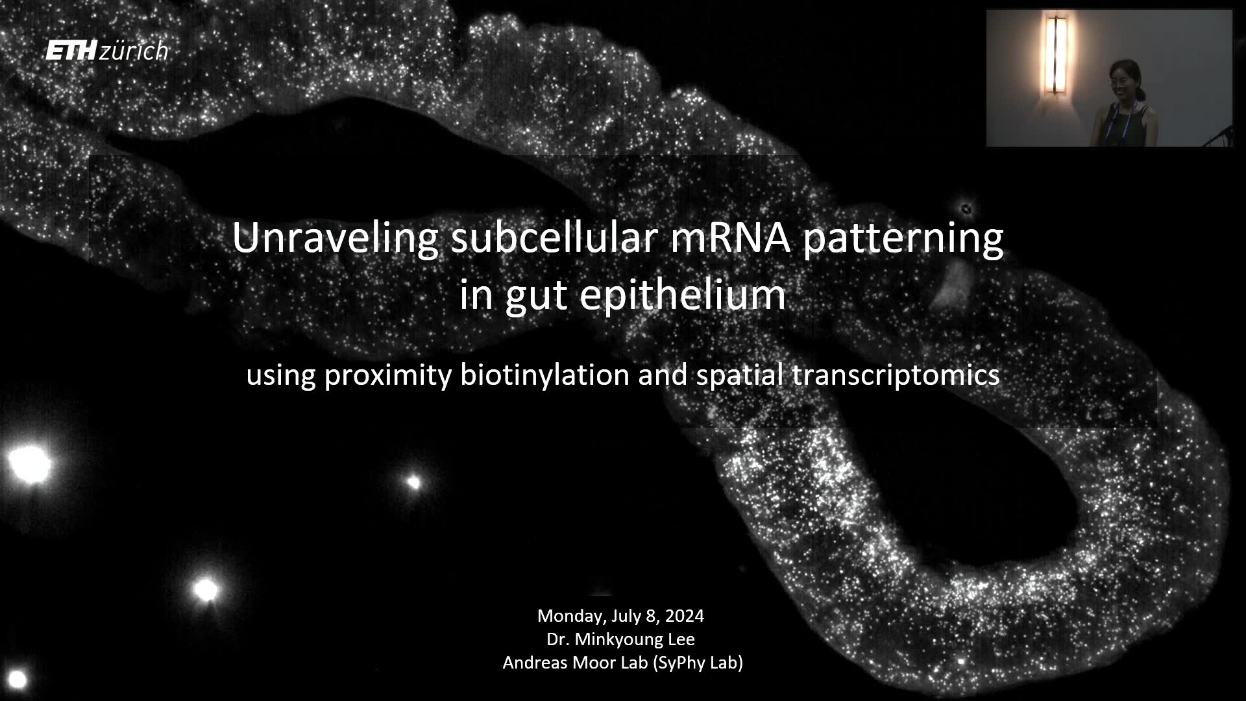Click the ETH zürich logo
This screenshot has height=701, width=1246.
[x=107, y=51]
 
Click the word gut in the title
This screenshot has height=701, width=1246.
[x=535, y=297]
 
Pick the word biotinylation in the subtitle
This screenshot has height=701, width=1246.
[x=544, y=375]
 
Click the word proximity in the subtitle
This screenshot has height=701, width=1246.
[x=387, y=376]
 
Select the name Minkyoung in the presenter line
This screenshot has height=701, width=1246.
[x=616, y=639]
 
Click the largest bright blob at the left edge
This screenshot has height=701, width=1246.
[x=29, y=463]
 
